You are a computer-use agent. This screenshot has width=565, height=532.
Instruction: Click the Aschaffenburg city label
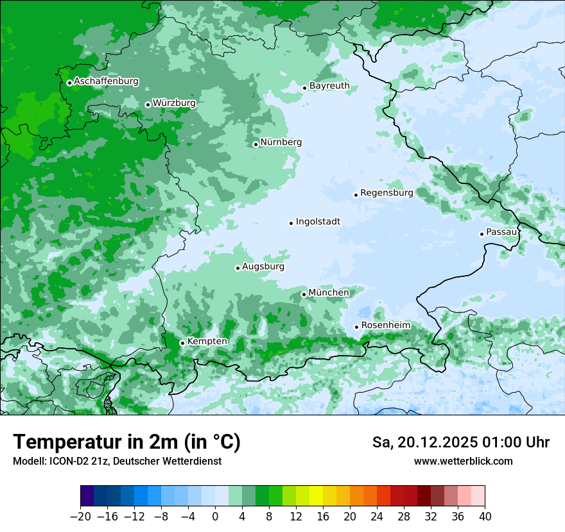pos(106,81)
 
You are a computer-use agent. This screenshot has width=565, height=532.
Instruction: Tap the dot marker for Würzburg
pos(148,104)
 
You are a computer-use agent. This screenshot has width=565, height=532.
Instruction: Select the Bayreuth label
pos(329,85)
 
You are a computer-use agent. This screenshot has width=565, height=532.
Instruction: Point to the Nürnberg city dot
pos(256,144)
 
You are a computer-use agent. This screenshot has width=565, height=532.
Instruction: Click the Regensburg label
pos(387,192)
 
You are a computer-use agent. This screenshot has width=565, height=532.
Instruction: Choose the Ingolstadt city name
pos(318,221)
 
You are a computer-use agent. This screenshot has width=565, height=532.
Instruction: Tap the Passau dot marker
pos(482,234)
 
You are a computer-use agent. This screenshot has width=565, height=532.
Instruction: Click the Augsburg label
pos(263,266)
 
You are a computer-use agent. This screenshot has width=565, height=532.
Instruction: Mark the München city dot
pos(304,295)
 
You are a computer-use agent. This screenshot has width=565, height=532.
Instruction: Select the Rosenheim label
pos(385,325)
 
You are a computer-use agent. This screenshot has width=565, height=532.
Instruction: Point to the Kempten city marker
pos(182,343)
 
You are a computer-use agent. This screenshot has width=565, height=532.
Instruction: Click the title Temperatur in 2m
pos(126,442)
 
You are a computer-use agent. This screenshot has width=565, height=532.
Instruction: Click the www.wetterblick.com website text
pos(463,461)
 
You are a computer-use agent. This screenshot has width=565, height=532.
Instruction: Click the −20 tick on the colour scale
pos(80,517)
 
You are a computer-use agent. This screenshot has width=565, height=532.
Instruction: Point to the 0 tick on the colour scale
pos(215,517)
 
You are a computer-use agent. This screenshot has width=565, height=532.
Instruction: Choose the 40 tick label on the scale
pos(485,517)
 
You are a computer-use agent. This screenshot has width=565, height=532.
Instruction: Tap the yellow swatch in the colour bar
pos(316,496)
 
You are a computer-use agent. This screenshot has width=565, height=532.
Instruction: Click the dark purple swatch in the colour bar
pos(87,496)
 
